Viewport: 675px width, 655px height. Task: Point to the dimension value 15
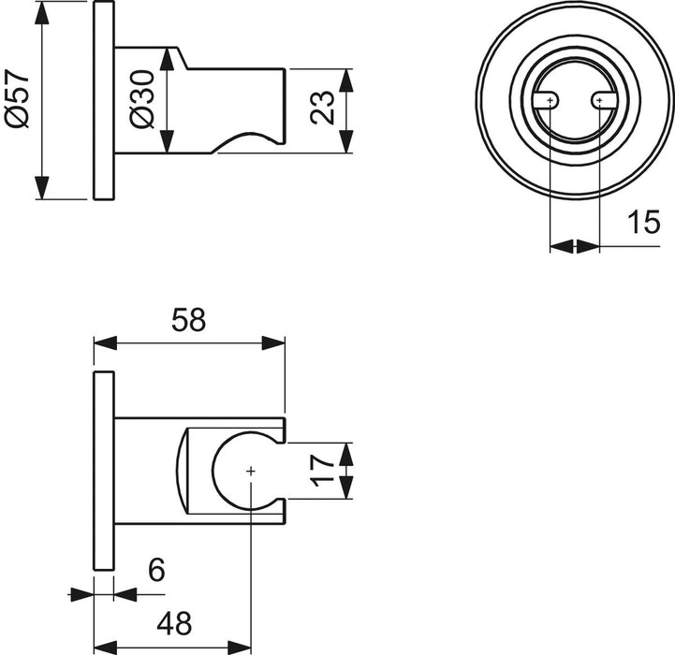tap(645, 223)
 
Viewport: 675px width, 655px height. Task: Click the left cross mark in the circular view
tap(550, 99)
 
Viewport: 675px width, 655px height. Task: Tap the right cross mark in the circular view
tap(598, 99)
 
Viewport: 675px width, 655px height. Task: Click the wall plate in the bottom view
tap(103, 471)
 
